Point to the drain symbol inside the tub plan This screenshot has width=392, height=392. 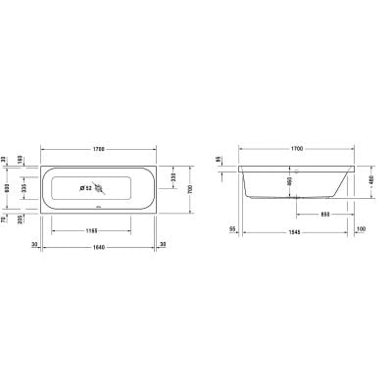pyautogui.click(x=98, y=188)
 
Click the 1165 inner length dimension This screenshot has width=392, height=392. pyautogui.click(x=96, y=232)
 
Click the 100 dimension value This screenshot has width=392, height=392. pyautogui.click(x=362, y=229)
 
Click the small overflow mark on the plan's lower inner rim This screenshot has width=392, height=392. pyautogui.click(x=98, y=207)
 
